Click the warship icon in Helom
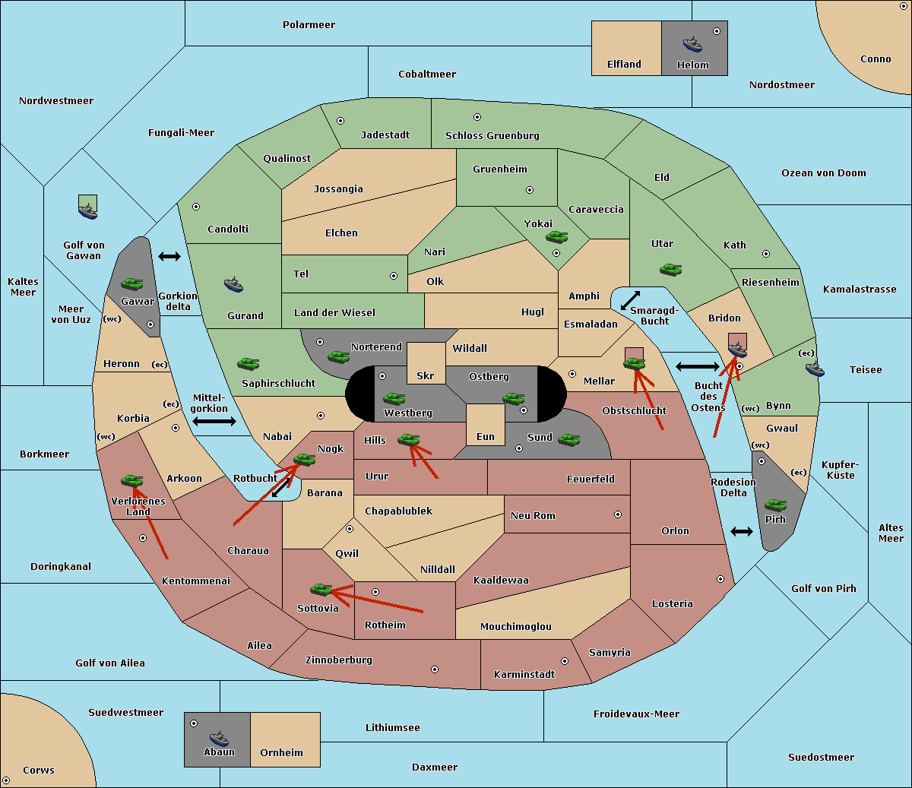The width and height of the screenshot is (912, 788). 692,44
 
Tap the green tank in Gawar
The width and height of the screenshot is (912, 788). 132,283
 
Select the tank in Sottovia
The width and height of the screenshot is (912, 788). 321,589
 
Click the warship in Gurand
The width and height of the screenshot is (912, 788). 233,284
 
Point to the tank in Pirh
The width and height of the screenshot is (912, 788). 775,505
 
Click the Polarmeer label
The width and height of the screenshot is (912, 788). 309,25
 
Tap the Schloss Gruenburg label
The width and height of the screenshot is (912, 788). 492,135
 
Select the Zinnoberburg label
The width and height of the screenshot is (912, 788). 339,660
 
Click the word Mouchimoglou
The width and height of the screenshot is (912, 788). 516,626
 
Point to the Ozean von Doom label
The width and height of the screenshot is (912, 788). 824,173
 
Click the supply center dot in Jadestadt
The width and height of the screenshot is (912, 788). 340,121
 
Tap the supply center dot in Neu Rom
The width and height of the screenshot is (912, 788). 618,514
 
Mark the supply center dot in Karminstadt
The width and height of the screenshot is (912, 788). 565,661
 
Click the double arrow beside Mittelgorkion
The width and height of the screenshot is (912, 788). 214,421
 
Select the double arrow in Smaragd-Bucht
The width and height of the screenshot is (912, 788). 630,300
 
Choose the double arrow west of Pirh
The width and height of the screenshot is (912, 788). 742,532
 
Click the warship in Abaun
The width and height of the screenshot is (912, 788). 219,738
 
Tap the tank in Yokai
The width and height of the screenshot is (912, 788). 556,237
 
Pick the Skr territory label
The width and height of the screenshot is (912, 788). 426,375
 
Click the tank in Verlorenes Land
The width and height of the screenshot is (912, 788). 132,480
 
